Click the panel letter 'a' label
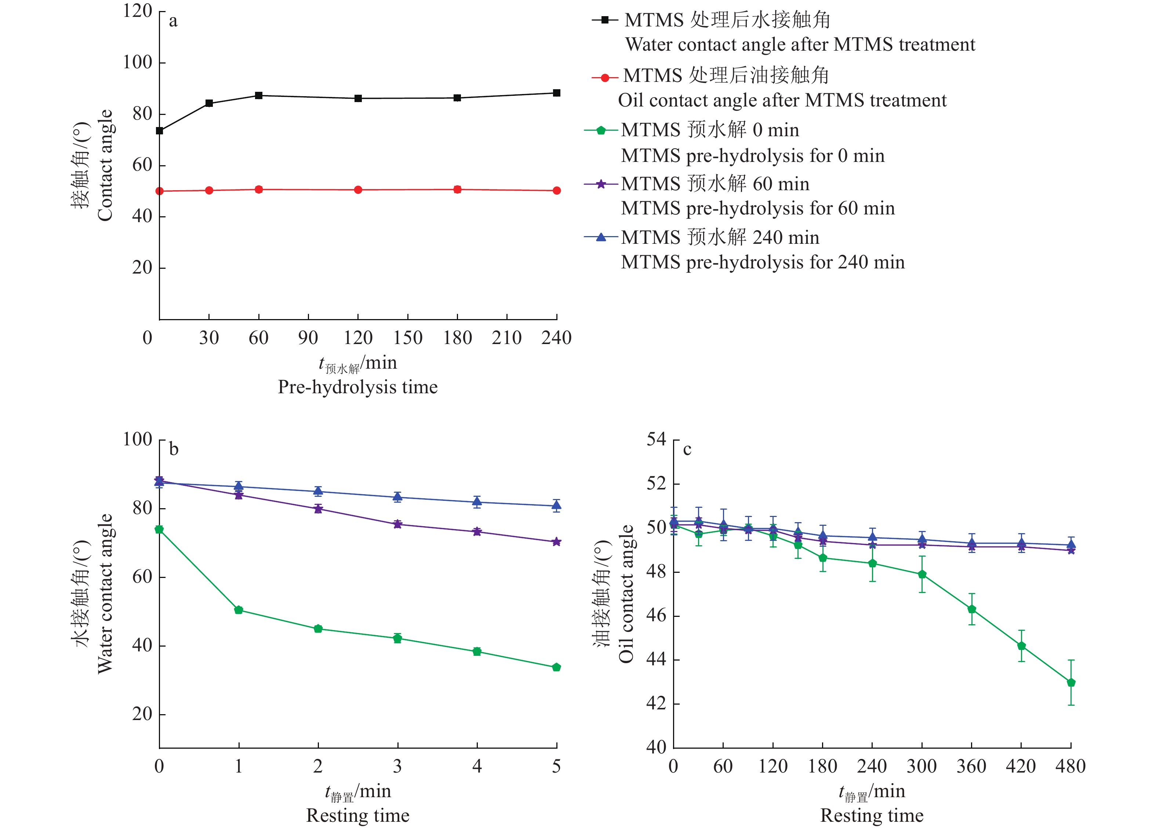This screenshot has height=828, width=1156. click(x=173, y=21)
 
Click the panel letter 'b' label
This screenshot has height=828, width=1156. click(x=174, y=450)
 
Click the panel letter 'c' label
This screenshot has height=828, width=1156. click(x=687, y=450)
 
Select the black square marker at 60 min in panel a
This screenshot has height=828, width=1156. click(x=259, y=95)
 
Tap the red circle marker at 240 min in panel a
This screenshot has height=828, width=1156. click(x=557, y=191)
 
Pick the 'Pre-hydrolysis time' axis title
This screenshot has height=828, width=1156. click(x=358, y=387)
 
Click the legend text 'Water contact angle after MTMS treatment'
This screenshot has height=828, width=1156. click(x=800, y=45)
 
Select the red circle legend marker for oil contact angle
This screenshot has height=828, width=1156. click(x=605, y=78)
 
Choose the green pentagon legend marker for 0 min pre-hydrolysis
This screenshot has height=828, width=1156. click(x=601, y=130)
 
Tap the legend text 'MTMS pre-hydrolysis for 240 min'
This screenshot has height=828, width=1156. click(x=763, y=263)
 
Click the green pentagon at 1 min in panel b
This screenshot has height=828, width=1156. click(x=239, y=610)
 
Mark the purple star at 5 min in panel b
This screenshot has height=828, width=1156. click(x=556, y=542)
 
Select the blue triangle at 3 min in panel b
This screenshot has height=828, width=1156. click(x=397, y=496)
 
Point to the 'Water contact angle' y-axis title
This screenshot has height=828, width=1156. click(x=105, y=594)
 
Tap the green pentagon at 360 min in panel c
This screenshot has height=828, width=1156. click(x=971, y=609)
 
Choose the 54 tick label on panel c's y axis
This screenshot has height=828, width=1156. click(x=656, y=440)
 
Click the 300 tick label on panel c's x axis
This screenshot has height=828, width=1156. click(x=921, y=766)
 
